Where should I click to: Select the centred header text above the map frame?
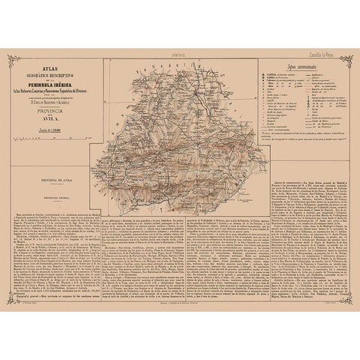180,56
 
